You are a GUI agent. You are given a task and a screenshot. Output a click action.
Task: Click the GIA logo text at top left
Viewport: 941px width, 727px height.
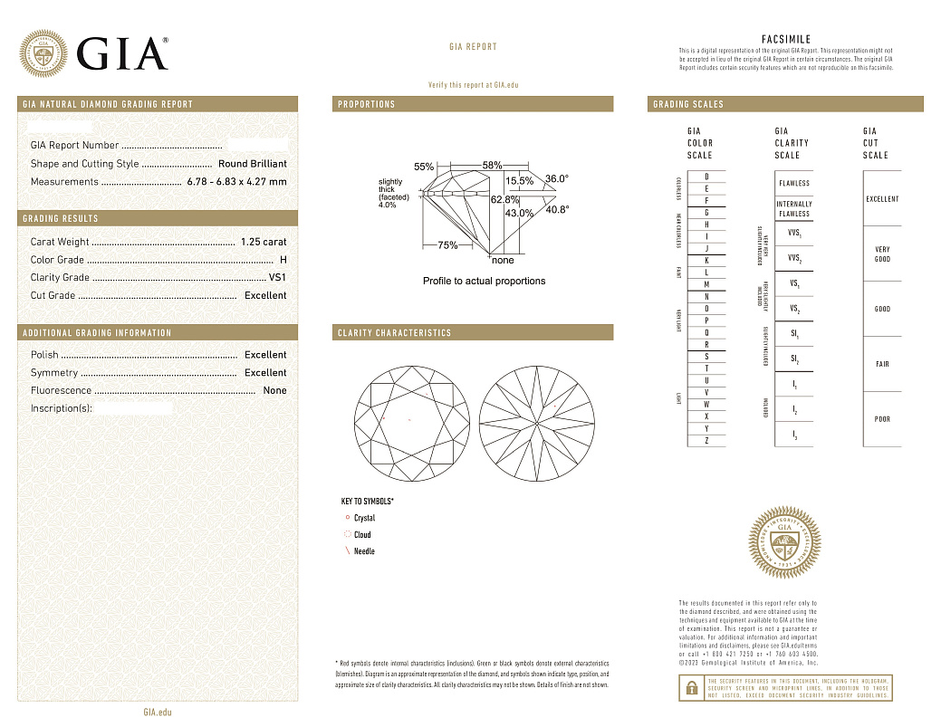pyautogui.click(x=122, y=54)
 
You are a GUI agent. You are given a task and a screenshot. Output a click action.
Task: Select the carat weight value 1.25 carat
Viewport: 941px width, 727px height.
pyautogui.click(x=264, y=242)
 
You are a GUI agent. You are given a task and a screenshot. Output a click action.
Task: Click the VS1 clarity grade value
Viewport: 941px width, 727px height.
pyautogui.click(x=277, y=278)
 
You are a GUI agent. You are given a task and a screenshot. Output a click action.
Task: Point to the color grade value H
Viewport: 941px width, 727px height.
pyautogui.click(x=283, y=260)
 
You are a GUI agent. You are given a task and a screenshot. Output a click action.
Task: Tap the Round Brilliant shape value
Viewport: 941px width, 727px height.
pyautogui.click(x=252, y=164)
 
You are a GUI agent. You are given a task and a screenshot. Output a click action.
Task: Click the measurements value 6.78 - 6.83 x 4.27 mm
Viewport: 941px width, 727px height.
pyautogui.click(x=236, y=182)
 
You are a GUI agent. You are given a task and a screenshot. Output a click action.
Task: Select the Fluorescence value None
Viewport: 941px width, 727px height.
pyautogui.click(x=274, y=391)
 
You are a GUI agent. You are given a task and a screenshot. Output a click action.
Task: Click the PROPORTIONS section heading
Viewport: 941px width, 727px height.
pyautogui.click(x=367, y=105)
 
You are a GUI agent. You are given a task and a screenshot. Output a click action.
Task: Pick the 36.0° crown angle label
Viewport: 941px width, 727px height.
pyautogui.click(x=557, y=179)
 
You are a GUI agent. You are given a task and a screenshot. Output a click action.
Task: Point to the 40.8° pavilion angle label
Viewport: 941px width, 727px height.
pyautogui.click(x=557, y=210)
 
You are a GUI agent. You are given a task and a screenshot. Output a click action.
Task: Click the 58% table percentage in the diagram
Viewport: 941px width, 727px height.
pyautogui.click(x=492, y=166)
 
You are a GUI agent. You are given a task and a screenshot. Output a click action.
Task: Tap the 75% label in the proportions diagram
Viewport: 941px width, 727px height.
pyautogui.click(x=447, y=245)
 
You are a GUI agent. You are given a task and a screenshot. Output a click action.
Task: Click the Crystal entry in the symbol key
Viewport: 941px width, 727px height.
pyautogui.click(x=364, y=519)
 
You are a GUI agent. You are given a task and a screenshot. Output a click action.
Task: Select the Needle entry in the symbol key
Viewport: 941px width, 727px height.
pyautogui.click(x=364, y=551)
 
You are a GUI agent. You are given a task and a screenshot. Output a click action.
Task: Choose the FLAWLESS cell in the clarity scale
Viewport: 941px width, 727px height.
pyautogui.click(x=794, y=183)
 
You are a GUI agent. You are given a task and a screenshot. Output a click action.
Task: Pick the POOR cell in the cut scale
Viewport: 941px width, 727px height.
pyautogui.click(x=882, y=419)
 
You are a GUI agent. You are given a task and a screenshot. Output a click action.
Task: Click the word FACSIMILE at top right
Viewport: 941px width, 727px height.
pyautogui.click(x=786, y=40)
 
